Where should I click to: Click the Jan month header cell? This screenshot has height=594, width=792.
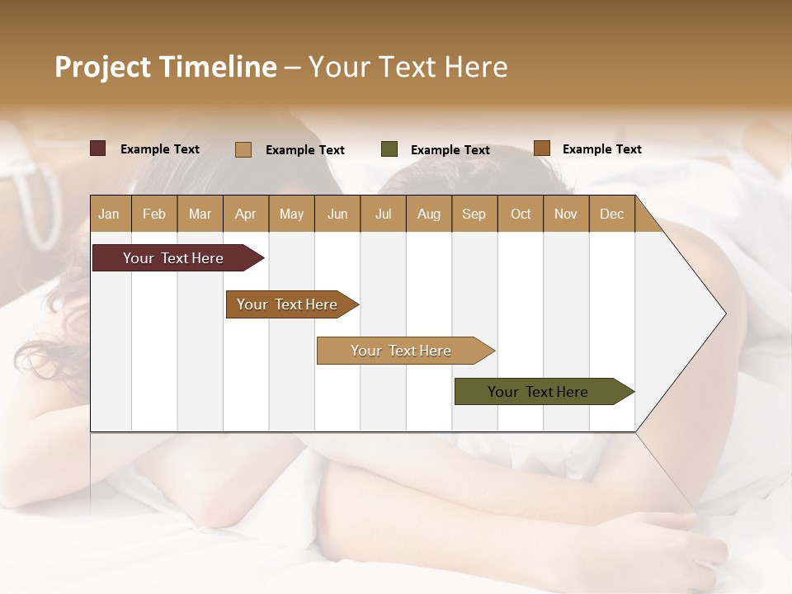(110, 214)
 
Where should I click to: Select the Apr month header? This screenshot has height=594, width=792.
(246, 214)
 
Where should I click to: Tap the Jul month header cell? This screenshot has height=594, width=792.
(383, 214)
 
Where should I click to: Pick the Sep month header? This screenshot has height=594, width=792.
(474, 214)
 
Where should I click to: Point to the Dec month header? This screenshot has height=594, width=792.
(611, 214)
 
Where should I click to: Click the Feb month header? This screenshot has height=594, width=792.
(154, 214)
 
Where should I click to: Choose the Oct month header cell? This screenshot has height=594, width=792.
(521, 214)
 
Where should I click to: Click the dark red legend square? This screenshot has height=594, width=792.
(98, 148)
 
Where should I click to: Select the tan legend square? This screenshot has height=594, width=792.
(243, 149)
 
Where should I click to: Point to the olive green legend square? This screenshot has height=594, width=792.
(389, 149)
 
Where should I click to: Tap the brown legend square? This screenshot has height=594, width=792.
(542, 148)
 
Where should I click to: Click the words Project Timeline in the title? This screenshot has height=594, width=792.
(166, 67)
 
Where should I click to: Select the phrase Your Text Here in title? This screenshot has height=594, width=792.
(408, 67)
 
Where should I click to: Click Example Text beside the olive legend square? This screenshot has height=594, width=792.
(450, 150)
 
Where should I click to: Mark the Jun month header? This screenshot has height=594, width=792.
(337, 214)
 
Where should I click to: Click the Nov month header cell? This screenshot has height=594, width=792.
(566, 214)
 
